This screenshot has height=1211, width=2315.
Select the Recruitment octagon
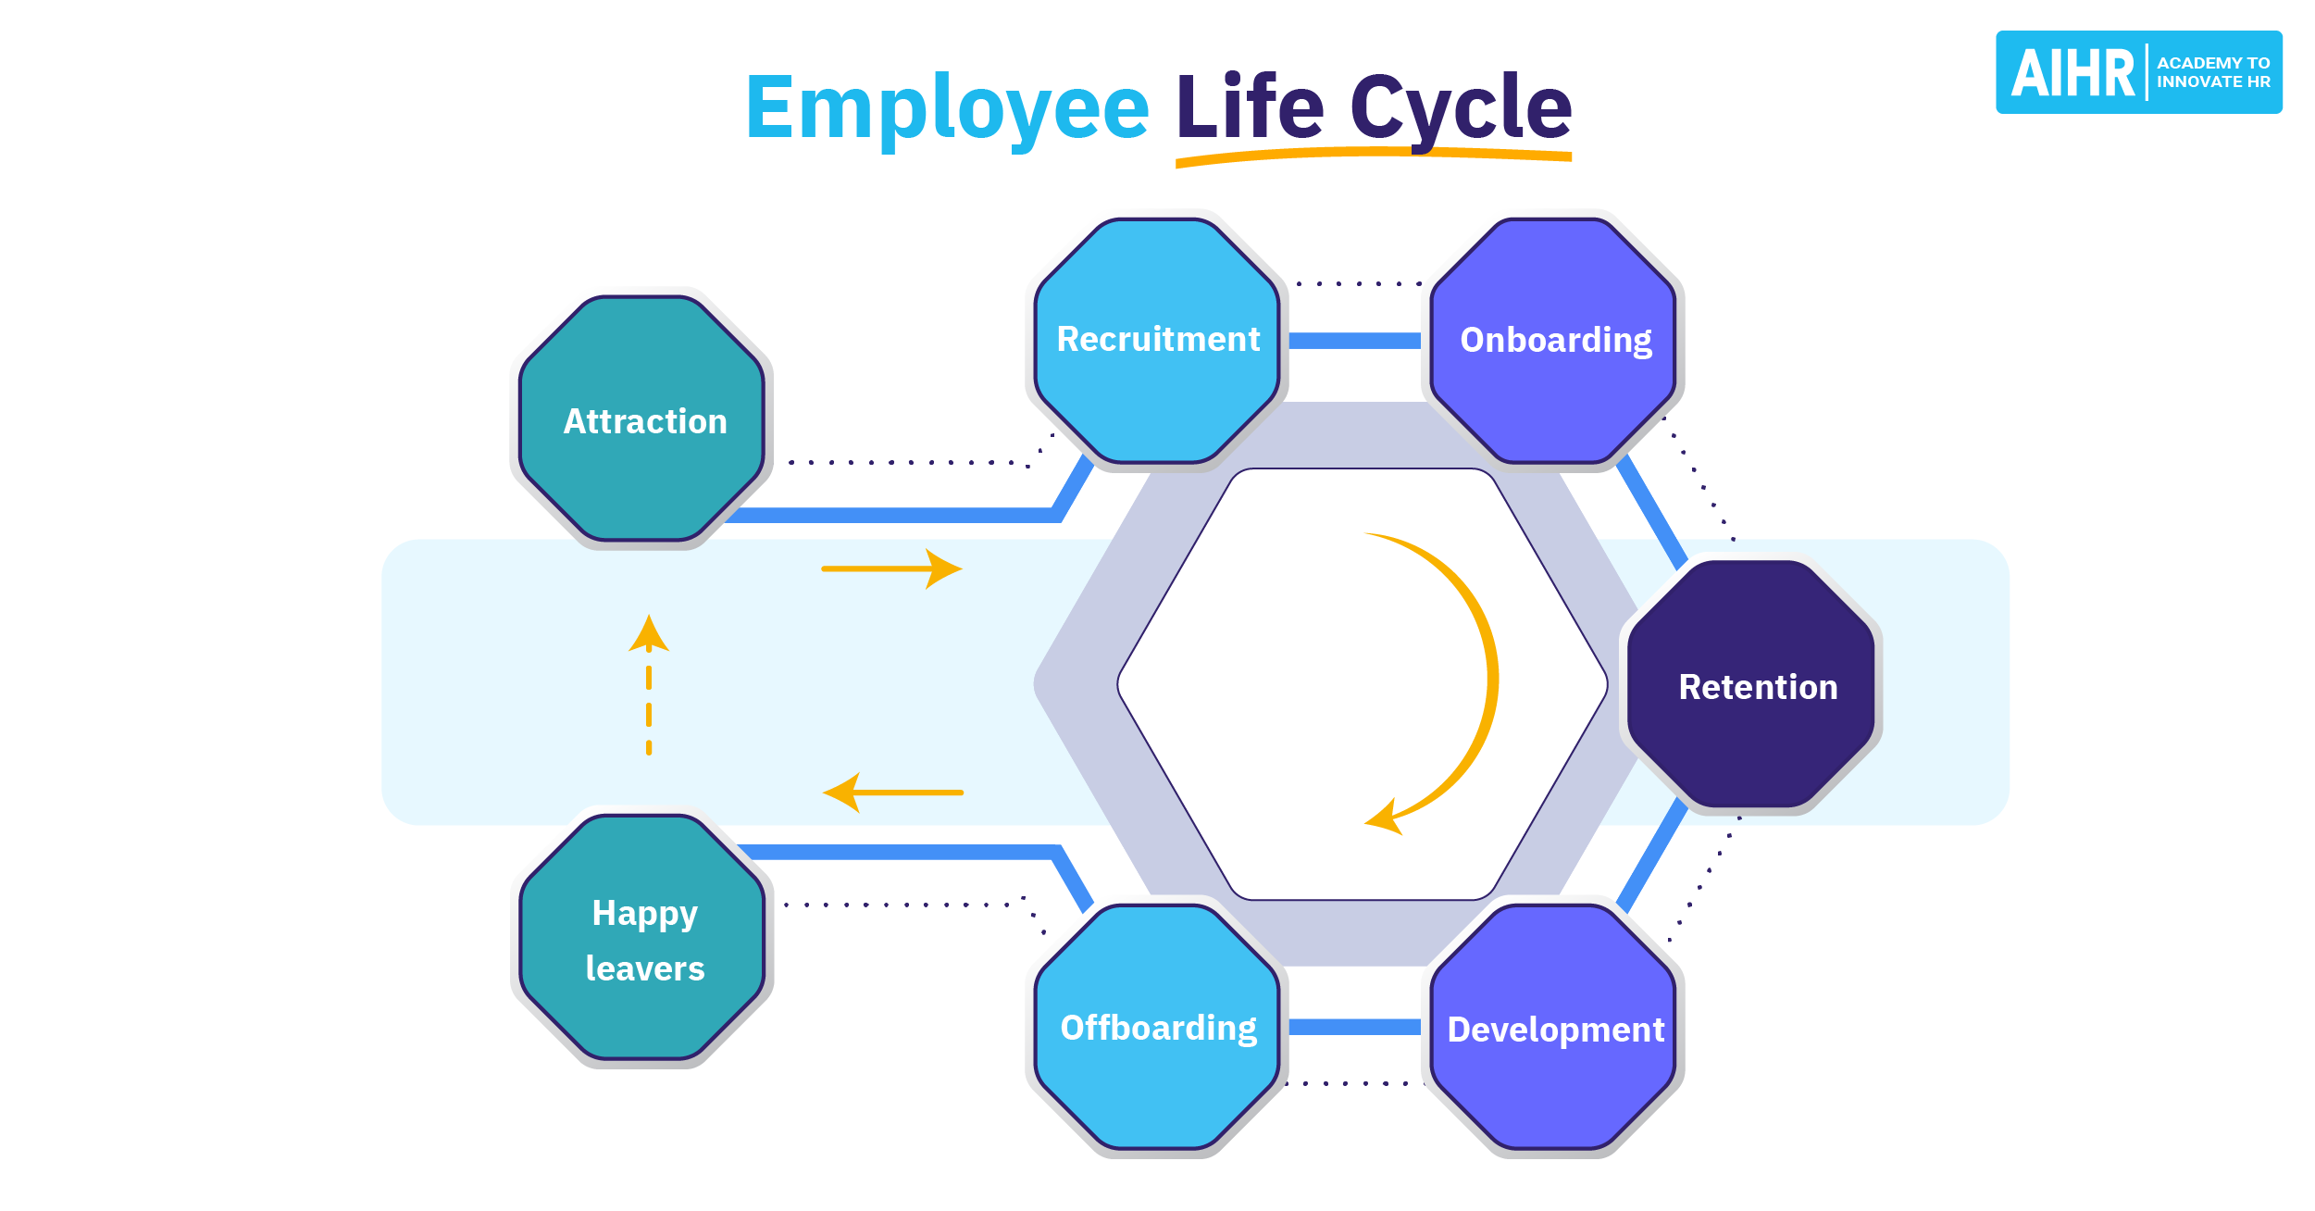click(x=1157, y=340)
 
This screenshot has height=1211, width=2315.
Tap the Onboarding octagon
click(x=1555, y=340)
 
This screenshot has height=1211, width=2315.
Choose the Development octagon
click(x=1555, y=1028)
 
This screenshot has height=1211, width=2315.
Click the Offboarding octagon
click(x=1157, y=1028)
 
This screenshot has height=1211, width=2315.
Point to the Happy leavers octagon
click(x=644, y=939)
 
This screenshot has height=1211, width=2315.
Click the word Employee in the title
click(x=946, y=109)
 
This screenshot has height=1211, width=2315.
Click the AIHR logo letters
click(x=2072, y=73)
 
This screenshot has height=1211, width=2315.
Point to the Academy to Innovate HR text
click(x=2212, y=72)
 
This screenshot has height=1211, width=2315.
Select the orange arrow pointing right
click(x=891, y=568)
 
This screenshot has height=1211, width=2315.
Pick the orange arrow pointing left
click(x=893, y=793)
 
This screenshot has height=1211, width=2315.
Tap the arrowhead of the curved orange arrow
click(x=1384, y=818)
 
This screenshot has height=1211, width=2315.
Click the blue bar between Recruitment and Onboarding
click(x=1354, y=341)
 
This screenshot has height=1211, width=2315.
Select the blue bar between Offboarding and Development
click(x=1354, y=1027)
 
